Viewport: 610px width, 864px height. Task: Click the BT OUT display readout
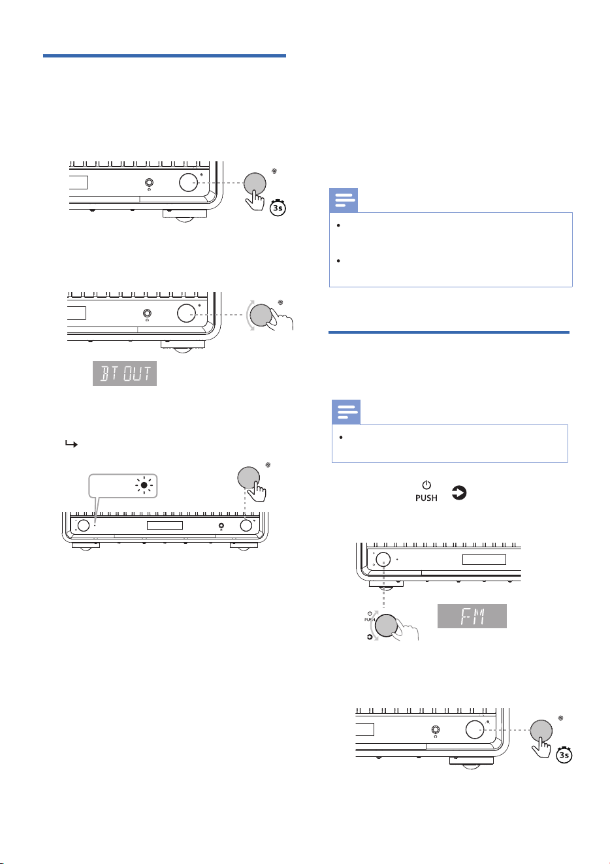[125, 374]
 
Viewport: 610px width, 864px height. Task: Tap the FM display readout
[472, 616]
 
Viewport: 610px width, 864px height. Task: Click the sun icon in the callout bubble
[144, 485]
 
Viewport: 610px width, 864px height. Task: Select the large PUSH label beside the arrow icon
[426, 498]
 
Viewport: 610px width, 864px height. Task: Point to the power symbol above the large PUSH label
[426, 485]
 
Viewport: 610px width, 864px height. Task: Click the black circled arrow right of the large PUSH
[459, 493]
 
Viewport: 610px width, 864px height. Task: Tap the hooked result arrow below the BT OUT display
[71, 444]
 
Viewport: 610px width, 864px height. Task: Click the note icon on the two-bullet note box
[344, 200]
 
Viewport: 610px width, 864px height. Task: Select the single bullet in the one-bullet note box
[341, 437]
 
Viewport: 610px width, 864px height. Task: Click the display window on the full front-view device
[165, 525]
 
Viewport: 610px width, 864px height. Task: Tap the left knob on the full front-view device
[84, 525]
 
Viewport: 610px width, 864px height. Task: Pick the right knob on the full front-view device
[246, 525]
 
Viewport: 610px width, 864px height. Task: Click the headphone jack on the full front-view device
[221, 525]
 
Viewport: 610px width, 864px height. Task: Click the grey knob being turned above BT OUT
[261, 315]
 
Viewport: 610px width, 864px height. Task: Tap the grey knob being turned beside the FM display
[386, 625]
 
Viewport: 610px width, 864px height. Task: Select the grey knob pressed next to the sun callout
[248, 477]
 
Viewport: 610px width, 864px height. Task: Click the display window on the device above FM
[484, 560]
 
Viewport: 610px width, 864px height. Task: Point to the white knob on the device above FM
[383, 560]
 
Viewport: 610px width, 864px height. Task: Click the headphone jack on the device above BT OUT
[147, 313]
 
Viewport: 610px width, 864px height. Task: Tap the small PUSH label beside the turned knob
[369, 620]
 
